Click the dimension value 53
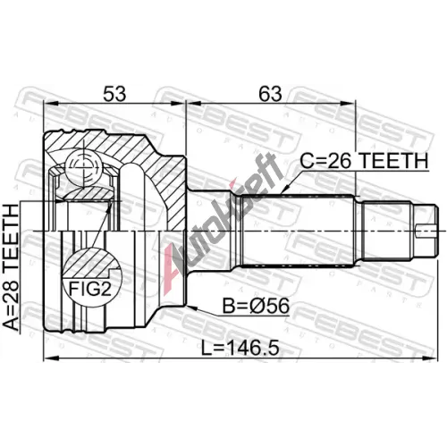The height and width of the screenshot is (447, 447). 114,94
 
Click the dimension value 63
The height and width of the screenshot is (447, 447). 270,94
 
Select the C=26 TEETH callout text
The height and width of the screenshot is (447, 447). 364,161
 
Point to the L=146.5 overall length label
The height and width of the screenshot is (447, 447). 240,349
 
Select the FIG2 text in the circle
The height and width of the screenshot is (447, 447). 90,289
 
